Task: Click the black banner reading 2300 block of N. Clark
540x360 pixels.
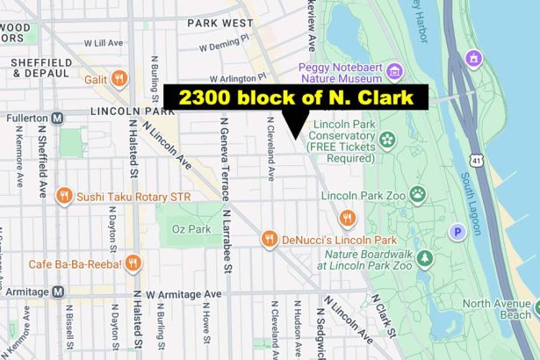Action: click(x=296, y=97)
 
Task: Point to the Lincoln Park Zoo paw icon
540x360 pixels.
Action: click(x=417, y=193)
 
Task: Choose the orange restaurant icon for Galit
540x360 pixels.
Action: click(x=120, y=78)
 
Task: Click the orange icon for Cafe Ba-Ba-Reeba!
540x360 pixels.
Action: click(x=133, y=262)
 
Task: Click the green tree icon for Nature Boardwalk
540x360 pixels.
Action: click(x=425, y=258)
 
